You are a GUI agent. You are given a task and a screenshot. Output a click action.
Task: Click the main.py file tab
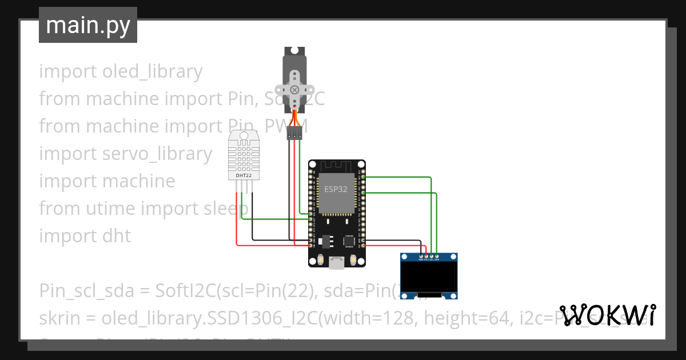click(x=87, y=25)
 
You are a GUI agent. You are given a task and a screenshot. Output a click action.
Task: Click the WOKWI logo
click(x=608, y=315)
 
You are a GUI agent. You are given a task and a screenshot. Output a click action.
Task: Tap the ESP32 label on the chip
click(x=336, y=189)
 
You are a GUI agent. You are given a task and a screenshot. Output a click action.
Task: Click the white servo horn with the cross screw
click(x=294, y=89)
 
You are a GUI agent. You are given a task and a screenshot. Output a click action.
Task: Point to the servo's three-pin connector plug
click(x=294, y=134)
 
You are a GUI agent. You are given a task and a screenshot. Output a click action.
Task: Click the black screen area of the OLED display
click(x=429, y=277)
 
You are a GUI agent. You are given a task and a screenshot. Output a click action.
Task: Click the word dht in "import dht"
click(x=118, y=236)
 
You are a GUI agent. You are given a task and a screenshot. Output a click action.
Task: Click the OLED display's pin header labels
click(x=429, y=259)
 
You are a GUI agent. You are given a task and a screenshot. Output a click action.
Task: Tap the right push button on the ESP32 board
click(x=353, y=259)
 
